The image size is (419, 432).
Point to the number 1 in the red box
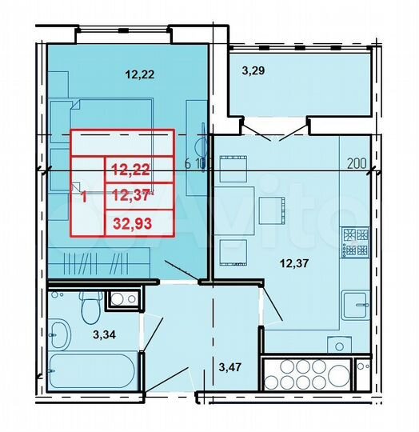click(x=83, y=194)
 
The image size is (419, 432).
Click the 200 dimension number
click(x=357, y=165)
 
